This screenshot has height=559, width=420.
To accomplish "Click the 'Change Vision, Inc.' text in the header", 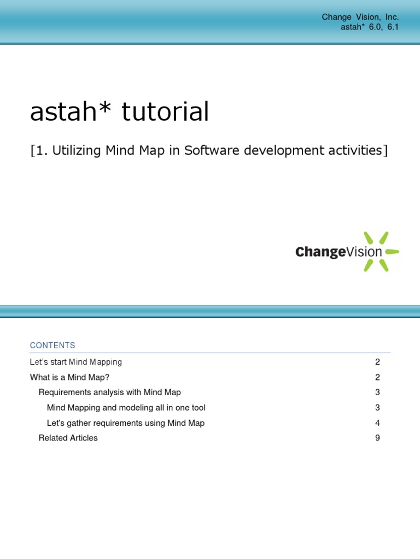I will pos(360,17).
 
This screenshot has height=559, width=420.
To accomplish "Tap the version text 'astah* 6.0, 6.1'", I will pos(370,27).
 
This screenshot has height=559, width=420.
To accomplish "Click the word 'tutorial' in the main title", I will pos(165,112).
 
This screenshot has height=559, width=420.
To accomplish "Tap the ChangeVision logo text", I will pos(339,252).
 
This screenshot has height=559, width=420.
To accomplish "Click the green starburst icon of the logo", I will pos(383,252).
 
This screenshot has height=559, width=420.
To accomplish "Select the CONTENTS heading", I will pos(52,346).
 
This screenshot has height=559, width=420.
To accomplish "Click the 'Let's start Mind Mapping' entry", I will pos(76,362).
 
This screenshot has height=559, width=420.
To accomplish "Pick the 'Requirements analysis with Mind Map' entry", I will pos(109,392).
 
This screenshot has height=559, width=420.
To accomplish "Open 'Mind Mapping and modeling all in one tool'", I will pos(126,408).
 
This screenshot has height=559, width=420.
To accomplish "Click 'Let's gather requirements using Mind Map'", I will pos(126,423).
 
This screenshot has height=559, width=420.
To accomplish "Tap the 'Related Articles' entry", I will pos(68,438).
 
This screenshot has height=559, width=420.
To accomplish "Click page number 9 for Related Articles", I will pos(377,438).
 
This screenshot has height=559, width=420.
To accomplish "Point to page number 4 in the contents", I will pos(377,423).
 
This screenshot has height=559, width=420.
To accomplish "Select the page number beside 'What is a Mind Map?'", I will pos(377,377).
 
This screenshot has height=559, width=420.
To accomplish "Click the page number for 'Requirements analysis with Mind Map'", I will pos(377,392).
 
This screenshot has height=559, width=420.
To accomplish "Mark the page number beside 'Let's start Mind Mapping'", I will pos(377,362).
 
